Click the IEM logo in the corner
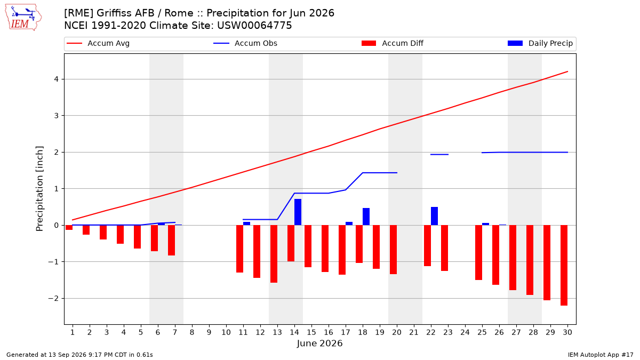(23, 18)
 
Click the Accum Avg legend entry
(98, 43)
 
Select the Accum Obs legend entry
(245, 43)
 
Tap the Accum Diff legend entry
(393, 43)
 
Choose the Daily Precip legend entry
(540, 43)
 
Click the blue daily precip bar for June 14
(298, 212)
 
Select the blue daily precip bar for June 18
(366, 217)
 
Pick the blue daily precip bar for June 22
(434, 216)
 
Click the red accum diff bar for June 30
(564, 266)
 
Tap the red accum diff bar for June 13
(274, 254)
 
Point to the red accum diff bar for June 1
(69, 227)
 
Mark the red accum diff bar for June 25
(478, 253)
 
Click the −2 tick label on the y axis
(53, 299)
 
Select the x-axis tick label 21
(414, 332)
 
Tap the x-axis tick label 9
(209, 332)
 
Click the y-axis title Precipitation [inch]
(39, 189)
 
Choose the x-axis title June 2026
(319, 343)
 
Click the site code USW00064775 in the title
(254, 26)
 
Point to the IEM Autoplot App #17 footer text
(601, 355)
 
